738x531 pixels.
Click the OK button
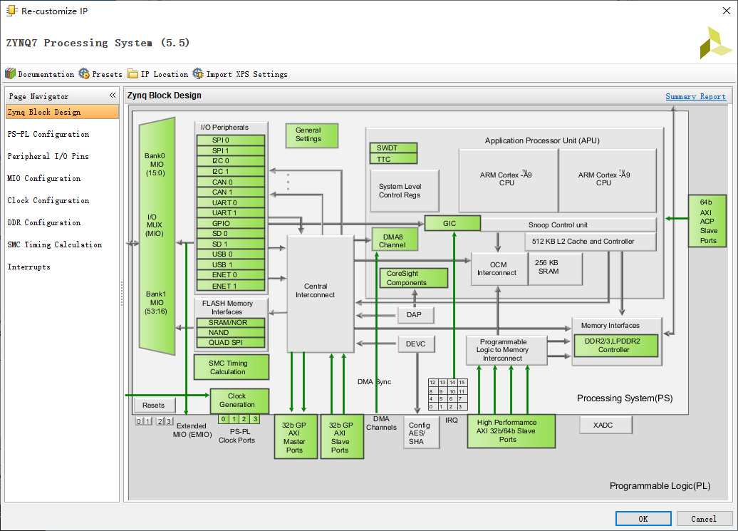click(x=643, y=518)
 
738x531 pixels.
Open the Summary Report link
click(x=695, y=96)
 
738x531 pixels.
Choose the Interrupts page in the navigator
click(x=29, y=267)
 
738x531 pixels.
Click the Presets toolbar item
click(x=100, y=74)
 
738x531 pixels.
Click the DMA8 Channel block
click(x=395, y=240)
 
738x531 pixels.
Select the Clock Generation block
click(x=239, y=401)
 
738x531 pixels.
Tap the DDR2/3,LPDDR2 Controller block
click(x=616, y=346)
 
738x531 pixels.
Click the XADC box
click(x=606, y=426)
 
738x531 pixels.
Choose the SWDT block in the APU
click(x=393, y=148)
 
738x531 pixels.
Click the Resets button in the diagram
click(x=154, y=405)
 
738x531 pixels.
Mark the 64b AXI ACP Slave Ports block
click(x=708, y=221)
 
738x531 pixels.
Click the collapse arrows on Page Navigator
click(x=112, y=96)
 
